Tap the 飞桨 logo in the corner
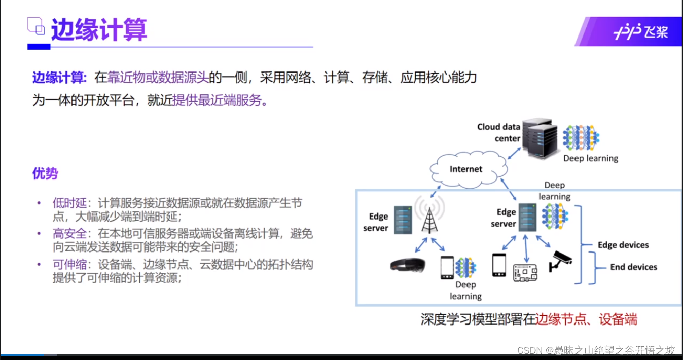click(641, 32)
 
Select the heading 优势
click(45, 174)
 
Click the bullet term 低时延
click(70, 203)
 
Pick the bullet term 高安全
click(70, 234)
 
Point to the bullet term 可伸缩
click(70, 265)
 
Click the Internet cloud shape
click(466, 169)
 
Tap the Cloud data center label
click(499, 132)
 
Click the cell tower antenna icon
click(429, 218)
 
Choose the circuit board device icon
click(525, 272)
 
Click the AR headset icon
click(408, 265)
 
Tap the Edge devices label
click(623, 245)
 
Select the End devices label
click(633, 267)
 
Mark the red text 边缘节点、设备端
click(586, 319)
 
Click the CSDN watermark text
click(596, 350)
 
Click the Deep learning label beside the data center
click(591, 158)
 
